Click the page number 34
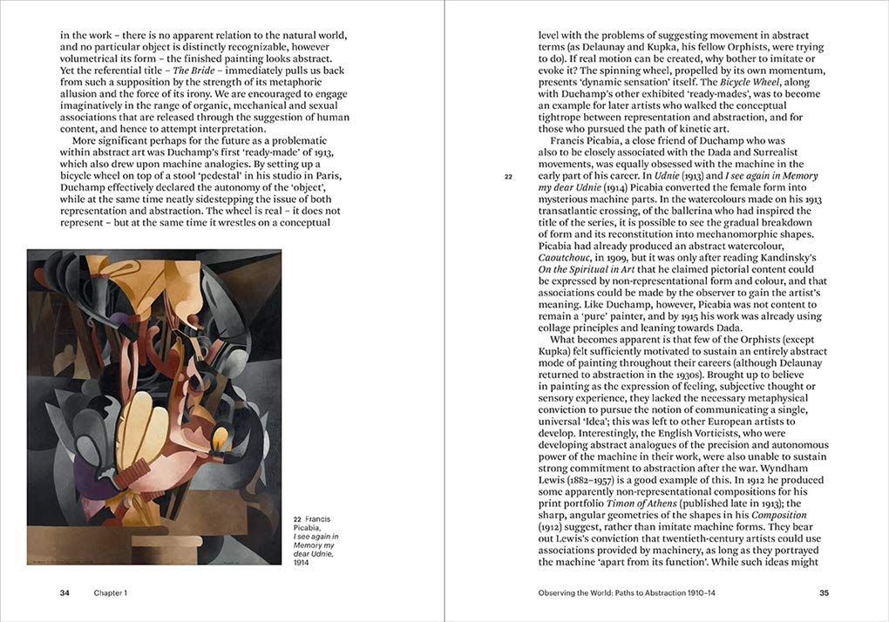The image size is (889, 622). tap(64, 593)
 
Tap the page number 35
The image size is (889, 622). tap(824, 593)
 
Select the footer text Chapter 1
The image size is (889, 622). tap(111, 593)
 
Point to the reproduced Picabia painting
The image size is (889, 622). tap(154, 406)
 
